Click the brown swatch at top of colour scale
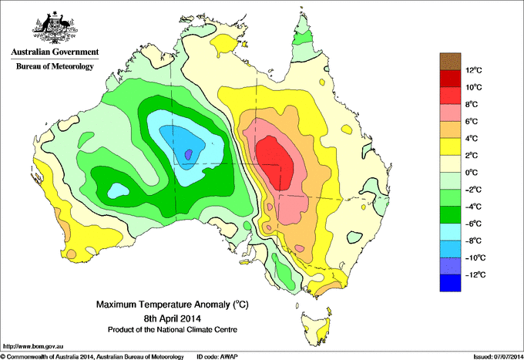(450, 61)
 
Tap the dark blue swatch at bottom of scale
(450, 283)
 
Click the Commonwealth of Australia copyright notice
(92, 355)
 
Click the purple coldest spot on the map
(189, 154)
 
